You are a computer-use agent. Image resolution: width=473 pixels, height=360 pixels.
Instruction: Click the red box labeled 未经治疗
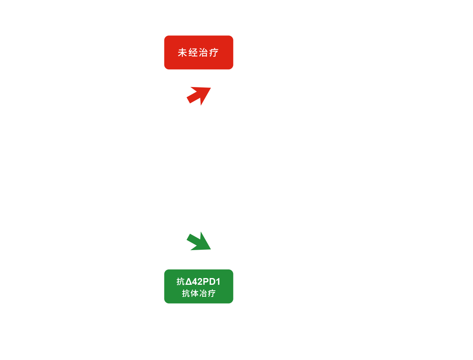coord(199,52)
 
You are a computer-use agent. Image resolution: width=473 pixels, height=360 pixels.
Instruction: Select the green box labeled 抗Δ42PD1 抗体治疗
coord(199,286)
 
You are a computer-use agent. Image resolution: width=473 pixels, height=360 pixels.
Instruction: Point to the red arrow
coord(199,96)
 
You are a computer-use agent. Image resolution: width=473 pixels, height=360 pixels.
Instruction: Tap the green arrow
coord(199,241)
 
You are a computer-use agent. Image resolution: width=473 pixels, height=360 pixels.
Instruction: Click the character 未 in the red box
coord(182,52)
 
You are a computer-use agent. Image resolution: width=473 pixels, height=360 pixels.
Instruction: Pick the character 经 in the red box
coord(193,52)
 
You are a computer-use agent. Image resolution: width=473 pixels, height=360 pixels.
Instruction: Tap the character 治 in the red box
coord(203,52)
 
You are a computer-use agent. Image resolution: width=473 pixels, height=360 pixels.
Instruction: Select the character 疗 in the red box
coord(214,52)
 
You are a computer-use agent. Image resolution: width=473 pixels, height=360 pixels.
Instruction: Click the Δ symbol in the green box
coord(188,281)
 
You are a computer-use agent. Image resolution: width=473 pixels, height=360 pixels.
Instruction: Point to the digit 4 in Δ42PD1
coord(195,281)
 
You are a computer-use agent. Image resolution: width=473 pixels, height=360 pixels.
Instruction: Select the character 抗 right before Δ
coord(181,281)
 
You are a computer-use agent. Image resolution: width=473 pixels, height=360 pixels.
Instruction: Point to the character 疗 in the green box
coord(212,293)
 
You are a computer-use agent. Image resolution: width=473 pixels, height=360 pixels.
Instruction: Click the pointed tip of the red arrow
coord(211,88)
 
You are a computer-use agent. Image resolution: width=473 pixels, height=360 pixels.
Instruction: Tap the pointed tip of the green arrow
coord(211,249)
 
